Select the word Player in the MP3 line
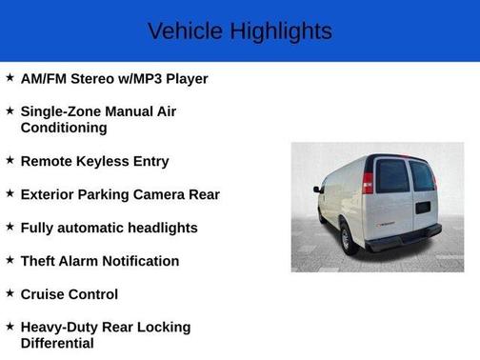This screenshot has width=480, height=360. pyautogui.click(x=184, y=79)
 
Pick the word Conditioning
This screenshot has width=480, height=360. pyautogui.click(x=63, y=128)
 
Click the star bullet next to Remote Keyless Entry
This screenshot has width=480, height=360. pyautogui.click(x=10, y=160)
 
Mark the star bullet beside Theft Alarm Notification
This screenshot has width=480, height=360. pyautogui.click(x=10, y=260)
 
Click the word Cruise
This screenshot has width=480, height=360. pyautogui.click(x=44, y=294)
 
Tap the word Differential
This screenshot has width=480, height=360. pyautogui.click(x=57, y=343)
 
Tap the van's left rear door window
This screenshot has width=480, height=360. pyautogui.click(x=391, y=176)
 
